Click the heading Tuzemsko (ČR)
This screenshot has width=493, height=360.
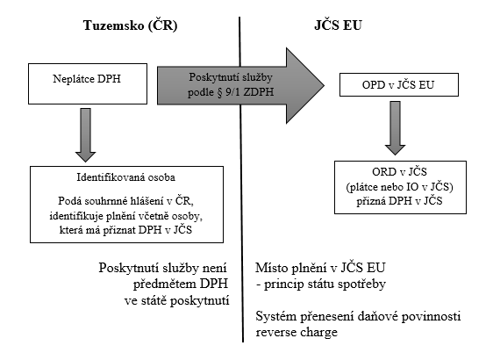click(x=130, y=25)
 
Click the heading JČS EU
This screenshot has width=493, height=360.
click(x=338, y=25)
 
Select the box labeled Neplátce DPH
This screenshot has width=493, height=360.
click(x=88, y=83)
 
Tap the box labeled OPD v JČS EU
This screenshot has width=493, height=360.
click(x=399, y=84)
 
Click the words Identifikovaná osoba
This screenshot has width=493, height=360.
click(x=126, y=177)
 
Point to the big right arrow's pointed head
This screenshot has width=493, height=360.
click(x=324, y=85)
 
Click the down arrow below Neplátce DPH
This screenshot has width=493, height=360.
click(x=85, y=135)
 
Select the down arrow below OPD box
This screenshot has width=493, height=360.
click(x=396, y=128)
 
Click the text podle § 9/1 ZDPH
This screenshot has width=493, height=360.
click(x=231, y=92)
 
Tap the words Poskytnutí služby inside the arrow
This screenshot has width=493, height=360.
click(x=231, y=77)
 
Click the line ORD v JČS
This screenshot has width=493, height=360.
click(x=400, y=172)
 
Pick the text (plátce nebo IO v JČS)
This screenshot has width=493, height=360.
click(x=400, y=187)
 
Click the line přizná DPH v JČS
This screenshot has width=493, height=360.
click(x=400, y=201)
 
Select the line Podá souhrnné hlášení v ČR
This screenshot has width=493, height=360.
click(x=126, y=201)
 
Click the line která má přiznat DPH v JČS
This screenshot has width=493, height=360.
click(x=126, y=230)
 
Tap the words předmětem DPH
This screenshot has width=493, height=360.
click(x=181, y=284)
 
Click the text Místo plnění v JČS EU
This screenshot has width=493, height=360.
click(x=320, y=268)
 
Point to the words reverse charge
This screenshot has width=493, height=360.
click(x=297, y=332)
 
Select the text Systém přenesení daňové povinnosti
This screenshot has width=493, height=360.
click(x=358, y=316)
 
